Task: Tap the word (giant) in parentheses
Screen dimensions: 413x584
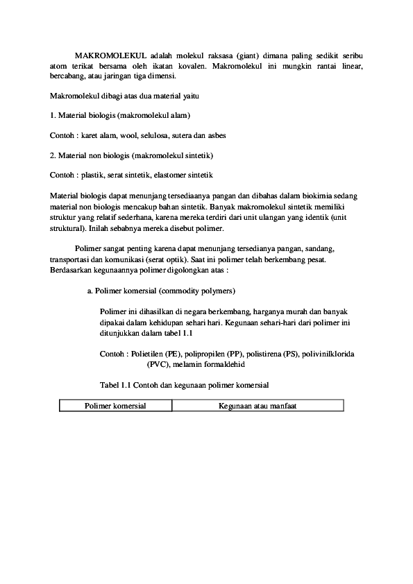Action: pos(248,54)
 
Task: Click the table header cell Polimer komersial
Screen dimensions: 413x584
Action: pos(115,405)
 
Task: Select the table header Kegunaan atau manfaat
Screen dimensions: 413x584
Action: pos(258,405)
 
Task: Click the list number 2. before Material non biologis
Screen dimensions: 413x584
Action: pos(54,155)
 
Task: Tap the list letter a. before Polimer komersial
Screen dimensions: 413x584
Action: pos(90,290)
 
